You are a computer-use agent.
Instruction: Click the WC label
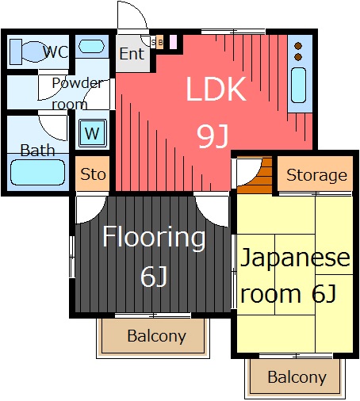click(56, 52)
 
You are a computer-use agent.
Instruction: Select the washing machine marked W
click(93, 133)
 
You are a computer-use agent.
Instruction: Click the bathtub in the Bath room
click(37, 172)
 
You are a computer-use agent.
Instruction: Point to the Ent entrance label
click(132, 54)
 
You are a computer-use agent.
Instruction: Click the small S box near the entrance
click(153, 42)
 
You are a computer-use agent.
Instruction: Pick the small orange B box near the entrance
click(159, 42)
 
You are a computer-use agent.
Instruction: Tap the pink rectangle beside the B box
click(173, 42)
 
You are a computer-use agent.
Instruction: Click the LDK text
click(216, 89)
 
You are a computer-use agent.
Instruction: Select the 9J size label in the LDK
click(213, 136)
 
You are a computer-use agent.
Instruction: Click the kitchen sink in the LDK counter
click(299, 85)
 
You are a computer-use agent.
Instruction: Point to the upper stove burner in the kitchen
click(298, 46)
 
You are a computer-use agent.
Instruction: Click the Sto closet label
click(93, 174)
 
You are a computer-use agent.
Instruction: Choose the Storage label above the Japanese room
click(316, 175)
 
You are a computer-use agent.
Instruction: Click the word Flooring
click(154, 238)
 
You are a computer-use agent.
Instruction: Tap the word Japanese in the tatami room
click(295, 258)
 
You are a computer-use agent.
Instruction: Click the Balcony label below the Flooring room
click(156, 336)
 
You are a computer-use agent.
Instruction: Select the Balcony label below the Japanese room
click(297, 377)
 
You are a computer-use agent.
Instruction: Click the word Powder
click(77, 83)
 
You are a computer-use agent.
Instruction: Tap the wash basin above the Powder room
click(91, 46)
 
